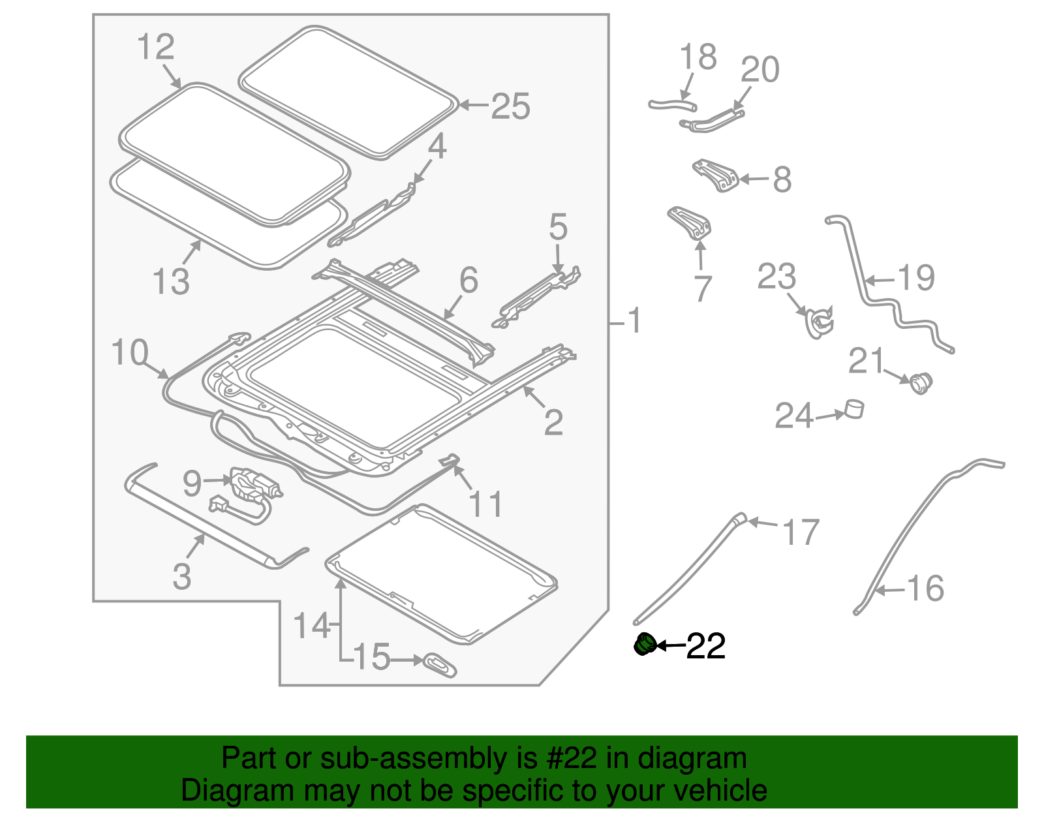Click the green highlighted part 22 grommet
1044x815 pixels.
coord(644,645)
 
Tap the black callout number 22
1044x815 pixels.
coord(706,646)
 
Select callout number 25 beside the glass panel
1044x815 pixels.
coord(510,106)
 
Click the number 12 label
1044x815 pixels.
coord(156,48)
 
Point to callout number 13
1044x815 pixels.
coord(171,281)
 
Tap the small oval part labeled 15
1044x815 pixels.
coord(440,665)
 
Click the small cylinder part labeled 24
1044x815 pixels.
coord(854,409)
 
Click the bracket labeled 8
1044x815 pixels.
coord(716,176)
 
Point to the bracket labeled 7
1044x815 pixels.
coord(690,223)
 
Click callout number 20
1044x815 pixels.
coord(760,70)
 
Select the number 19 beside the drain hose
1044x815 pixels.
coord(916,279)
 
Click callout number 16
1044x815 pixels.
coord(925,589)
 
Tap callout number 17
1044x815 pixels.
coord(801,532)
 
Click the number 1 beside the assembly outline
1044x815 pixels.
coord(634,321)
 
